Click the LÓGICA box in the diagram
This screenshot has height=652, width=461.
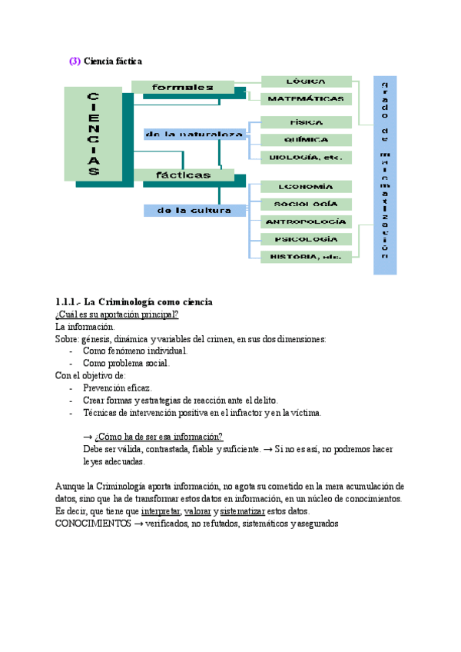tap(307, 81)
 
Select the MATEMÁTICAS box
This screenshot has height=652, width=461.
tap(307, 99)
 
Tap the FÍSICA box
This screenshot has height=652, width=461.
tap(307, 122)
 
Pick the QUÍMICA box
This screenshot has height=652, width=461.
tap(307, 140)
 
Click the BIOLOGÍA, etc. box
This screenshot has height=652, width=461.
tap(307, 158)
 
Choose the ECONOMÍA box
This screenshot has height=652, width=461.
tap(307, 187)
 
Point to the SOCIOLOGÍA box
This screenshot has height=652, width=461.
tap(307, 205)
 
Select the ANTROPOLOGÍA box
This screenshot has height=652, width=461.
tap(307, 222)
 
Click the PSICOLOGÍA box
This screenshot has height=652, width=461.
tap(307, 239)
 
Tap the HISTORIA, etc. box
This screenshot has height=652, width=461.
tap(307, 256)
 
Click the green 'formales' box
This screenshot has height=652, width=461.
tap(183, 88)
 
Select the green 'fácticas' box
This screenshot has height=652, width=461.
tap(183, 175)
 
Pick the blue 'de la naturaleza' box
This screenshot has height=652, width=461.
tap(194, 135)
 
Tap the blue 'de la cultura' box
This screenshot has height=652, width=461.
tap(194, 210)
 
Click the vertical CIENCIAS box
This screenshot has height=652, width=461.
tap(93, 134)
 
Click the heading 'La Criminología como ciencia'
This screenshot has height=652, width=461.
tap(147, 301)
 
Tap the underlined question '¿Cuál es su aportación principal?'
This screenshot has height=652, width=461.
tap(117, 314)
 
